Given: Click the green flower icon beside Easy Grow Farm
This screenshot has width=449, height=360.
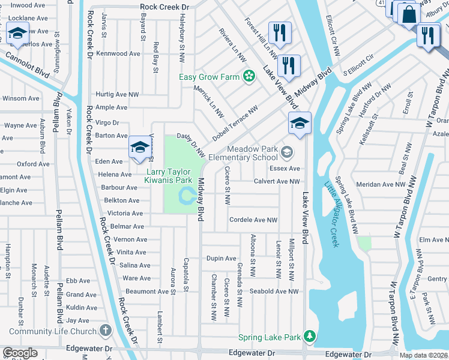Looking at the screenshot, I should [x=247, y=76].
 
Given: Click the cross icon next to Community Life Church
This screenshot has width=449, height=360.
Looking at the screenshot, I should [x=105, y=331].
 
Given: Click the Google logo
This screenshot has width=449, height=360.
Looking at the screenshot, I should [x=19, y=353].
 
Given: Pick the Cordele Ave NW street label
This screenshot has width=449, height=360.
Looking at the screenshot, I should [x=253, y=220].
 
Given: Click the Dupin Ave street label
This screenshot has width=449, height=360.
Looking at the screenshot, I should [x=221, y=259].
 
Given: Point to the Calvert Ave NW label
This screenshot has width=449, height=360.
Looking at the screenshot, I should [x=276, y=181].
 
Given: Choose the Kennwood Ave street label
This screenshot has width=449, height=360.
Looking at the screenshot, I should [x=118, y=53].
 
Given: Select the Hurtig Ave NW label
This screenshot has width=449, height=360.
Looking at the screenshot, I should [x=117, y=94].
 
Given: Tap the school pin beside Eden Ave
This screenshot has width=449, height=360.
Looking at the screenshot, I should [x=139, y=147].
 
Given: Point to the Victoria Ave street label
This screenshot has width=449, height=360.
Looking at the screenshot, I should [x=125, y=213].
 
